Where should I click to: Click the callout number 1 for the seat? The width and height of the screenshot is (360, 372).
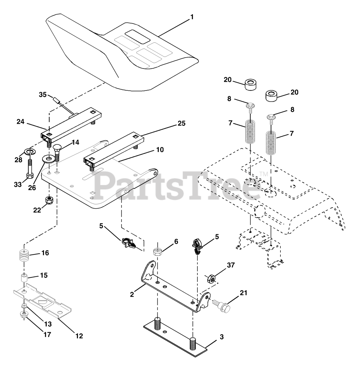(191, 17)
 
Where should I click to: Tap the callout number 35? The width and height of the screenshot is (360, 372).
(43, 94)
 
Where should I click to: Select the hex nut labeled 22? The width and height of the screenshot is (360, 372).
(50, 200)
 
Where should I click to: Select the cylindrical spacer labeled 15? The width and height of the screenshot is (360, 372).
(24, 278)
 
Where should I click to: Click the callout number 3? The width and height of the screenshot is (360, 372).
(222, 337)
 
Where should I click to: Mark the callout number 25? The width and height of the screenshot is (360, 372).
(181, 123)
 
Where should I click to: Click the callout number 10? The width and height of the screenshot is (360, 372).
(160, 150)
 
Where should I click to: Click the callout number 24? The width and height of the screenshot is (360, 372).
(20, 122)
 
